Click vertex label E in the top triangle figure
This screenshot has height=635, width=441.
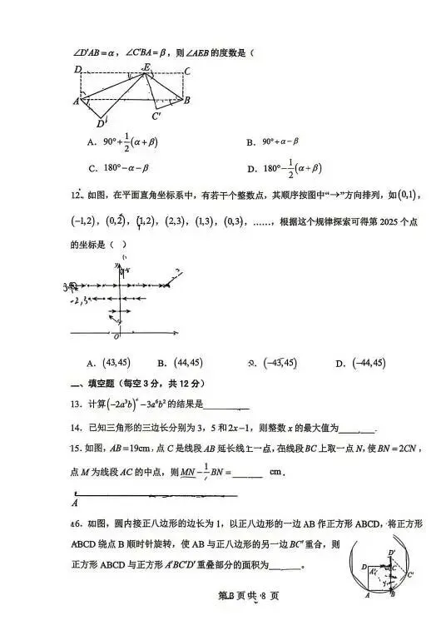click(146, 66)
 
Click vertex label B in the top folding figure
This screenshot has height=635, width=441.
click(188, 100)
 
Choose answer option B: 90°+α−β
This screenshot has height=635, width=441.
click(280, 142)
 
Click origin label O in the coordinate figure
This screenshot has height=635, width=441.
click(116, 336)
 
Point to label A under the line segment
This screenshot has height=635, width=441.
click(75, 503)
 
